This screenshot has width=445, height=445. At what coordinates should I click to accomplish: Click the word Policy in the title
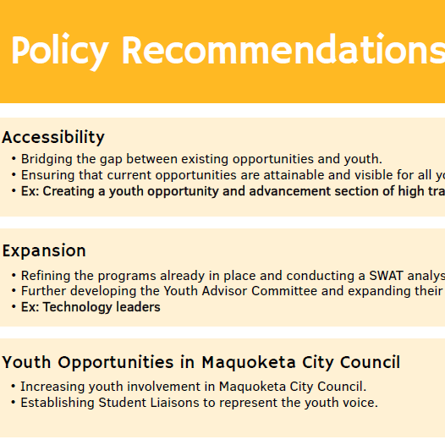60,52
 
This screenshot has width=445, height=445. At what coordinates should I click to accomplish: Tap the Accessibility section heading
53,138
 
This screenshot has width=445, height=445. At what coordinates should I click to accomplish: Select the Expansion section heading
44,251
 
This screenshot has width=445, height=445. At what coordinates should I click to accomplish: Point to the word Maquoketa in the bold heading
249,363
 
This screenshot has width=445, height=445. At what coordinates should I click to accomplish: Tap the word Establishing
58,403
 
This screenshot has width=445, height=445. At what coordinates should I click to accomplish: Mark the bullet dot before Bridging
14,159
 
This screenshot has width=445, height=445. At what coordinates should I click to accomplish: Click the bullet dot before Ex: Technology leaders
14,307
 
